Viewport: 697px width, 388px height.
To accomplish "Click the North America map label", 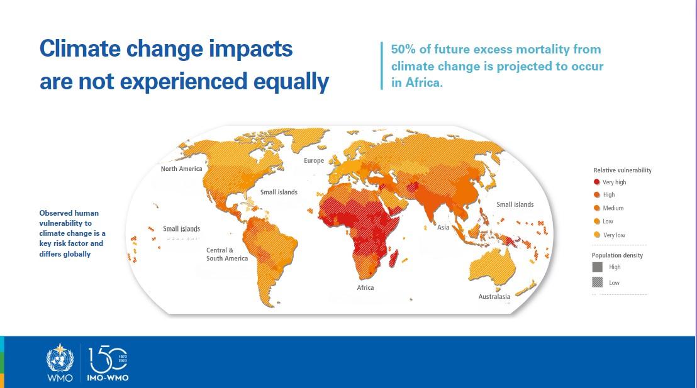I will [181, 169].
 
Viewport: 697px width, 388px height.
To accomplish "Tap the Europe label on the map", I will [314, 160].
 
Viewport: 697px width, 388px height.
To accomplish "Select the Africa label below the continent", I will [365, 287].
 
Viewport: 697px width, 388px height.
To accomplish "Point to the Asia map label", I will [443, 227].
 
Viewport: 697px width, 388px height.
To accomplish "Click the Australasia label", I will [494, 296].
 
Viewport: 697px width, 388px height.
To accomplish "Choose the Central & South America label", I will [227, 254].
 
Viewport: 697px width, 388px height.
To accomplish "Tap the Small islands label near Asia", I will [515, 204].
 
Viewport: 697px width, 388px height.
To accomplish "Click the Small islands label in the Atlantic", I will [279, 192].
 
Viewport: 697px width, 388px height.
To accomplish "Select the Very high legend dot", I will [596, 182].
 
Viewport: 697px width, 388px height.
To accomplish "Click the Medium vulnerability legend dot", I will [596, 208].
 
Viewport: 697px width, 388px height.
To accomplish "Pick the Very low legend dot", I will [596, 235].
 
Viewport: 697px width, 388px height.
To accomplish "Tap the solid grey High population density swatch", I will [598, 267].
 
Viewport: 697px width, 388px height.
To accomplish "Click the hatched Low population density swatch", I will [598, 282].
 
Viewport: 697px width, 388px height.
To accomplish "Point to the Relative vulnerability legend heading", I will [622, 170].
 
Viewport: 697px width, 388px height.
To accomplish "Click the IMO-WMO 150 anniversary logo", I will [108, 363].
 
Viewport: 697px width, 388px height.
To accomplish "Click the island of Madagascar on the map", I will [393, 262].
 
